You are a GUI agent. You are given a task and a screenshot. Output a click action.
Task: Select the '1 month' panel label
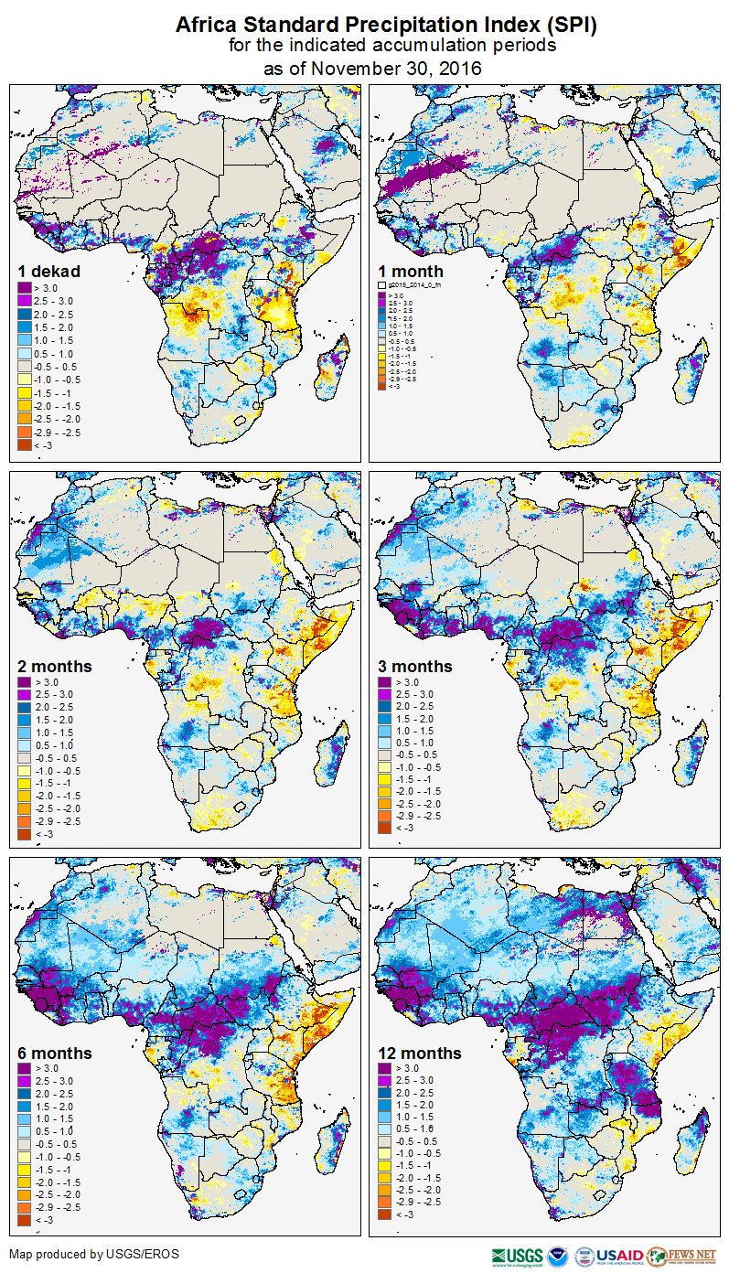411,272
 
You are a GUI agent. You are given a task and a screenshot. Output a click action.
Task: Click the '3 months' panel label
415,667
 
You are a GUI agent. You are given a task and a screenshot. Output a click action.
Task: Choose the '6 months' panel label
55,1054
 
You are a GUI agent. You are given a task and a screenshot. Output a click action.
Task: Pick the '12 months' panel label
420,1054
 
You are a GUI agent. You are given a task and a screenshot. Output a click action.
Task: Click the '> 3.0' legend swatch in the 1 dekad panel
25,289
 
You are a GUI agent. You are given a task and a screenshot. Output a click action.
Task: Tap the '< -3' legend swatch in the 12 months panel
385,1214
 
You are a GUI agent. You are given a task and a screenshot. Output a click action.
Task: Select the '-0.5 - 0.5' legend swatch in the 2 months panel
25,758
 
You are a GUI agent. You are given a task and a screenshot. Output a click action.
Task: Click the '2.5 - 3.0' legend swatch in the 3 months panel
385,695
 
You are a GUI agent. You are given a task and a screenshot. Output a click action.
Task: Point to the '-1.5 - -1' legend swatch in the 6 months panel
25,1169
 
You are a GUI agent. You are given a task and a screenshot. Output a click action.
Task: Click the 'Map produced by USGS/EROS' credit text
94,1254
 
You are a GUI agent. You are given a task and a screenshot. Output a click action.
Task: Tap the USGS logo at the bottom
517,1256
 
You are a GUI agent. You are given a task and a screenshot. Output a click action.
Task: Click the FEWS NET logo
681,1256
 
